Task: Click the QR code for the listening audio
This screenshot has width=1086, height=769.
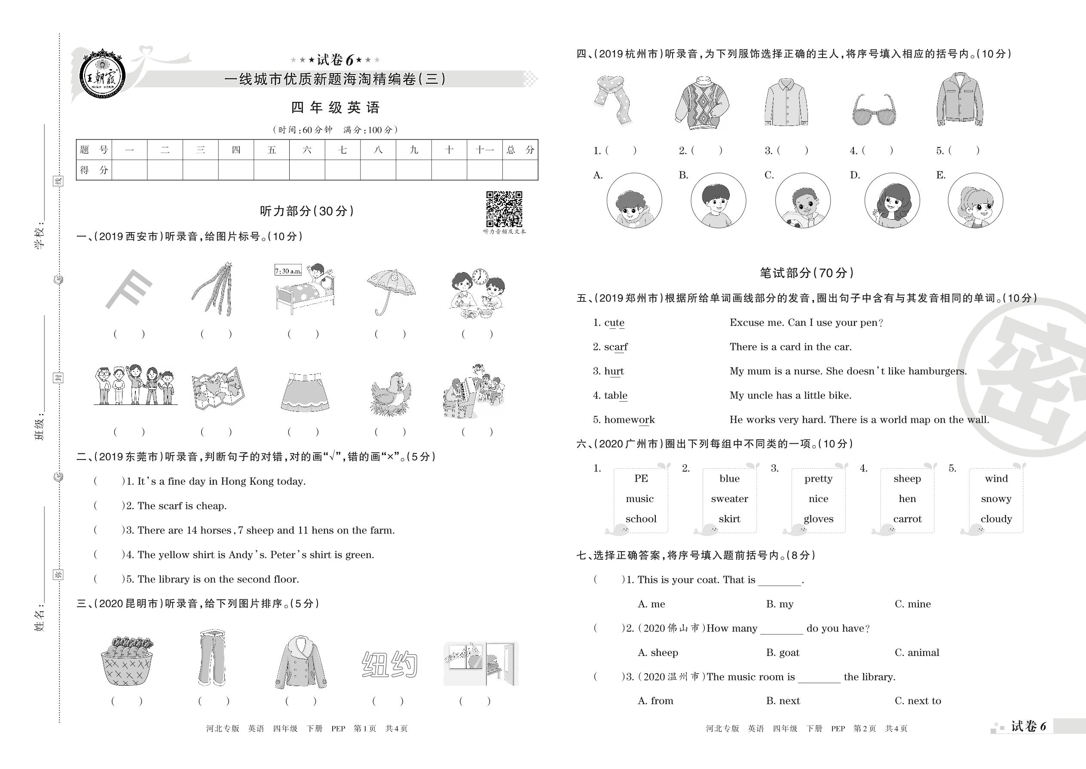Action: click(x=504, y=209)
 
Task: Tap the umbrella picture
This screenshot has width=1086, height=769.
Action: click(x=391, y=290)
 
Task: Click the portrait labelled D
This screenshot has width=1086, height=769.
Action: click(x=892, y=200)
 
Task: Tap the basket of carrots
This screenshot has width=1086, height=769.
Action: click(x=127, y=661)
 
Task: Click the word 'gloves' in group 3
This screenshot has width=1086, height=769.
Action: click(x=818, y=519)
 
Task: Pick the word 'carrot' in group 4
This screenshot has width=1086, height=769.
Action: click(x=907, y=519)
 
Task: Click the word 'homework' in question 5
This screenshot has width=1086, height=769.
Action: click(x=629, y=420)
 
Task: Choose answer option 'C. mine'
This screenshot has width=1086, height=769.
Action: click(x=912, y=604)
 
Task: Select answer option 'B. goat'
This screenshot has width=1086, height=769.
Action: click(x=783, y=653)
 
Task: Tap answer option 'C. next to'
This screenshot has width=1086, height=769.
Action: click(x=918, y=701)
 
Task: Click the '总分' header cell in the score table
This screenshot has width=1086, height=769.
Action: click(x=520, y=150)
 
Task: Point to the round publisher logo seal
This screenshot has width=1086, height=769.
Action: click(x=102, y=75)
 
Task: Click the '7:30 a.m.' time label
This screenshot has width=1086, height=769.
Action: click(x=288, y=271)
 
